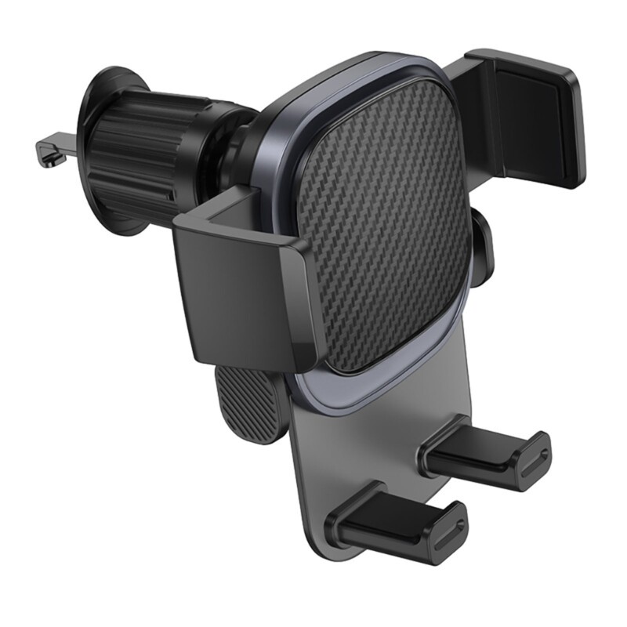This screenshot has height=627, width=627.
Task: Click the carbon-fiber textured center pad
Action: tap(384, 227)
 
